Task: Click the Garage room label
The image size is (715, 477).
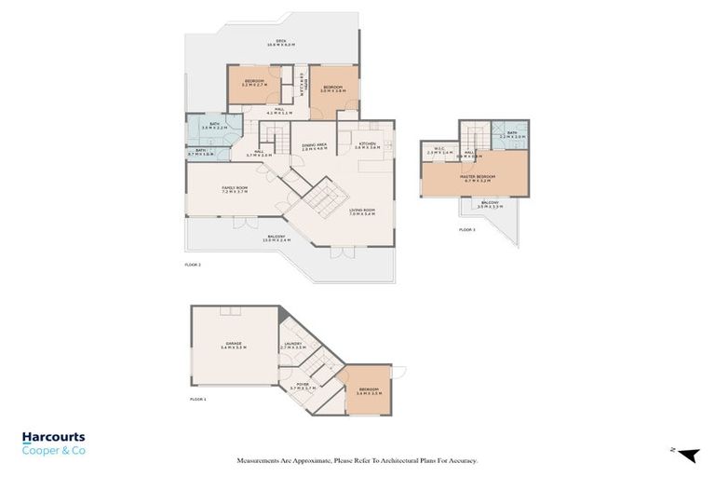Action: tap(234, 346)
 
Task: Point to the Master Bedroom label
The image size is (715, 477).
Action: tap(477, 178)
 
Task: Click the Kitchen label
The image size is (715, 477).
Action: tap(366, 145)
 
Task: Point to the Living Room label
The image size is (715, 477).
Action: tap(362, 212)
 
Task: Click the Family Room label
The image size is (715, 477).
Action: tap(234, 190)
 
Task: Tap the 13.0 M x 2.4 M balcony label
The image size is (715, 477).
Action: tap(277, 238)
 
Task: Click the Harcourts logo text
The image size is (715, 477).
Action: tap(53, 436)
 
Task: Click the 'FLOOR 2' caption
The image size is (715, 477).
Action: tap(193, 266)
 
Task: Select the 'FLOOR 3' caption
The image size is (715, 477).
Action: tap(467, 229)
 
